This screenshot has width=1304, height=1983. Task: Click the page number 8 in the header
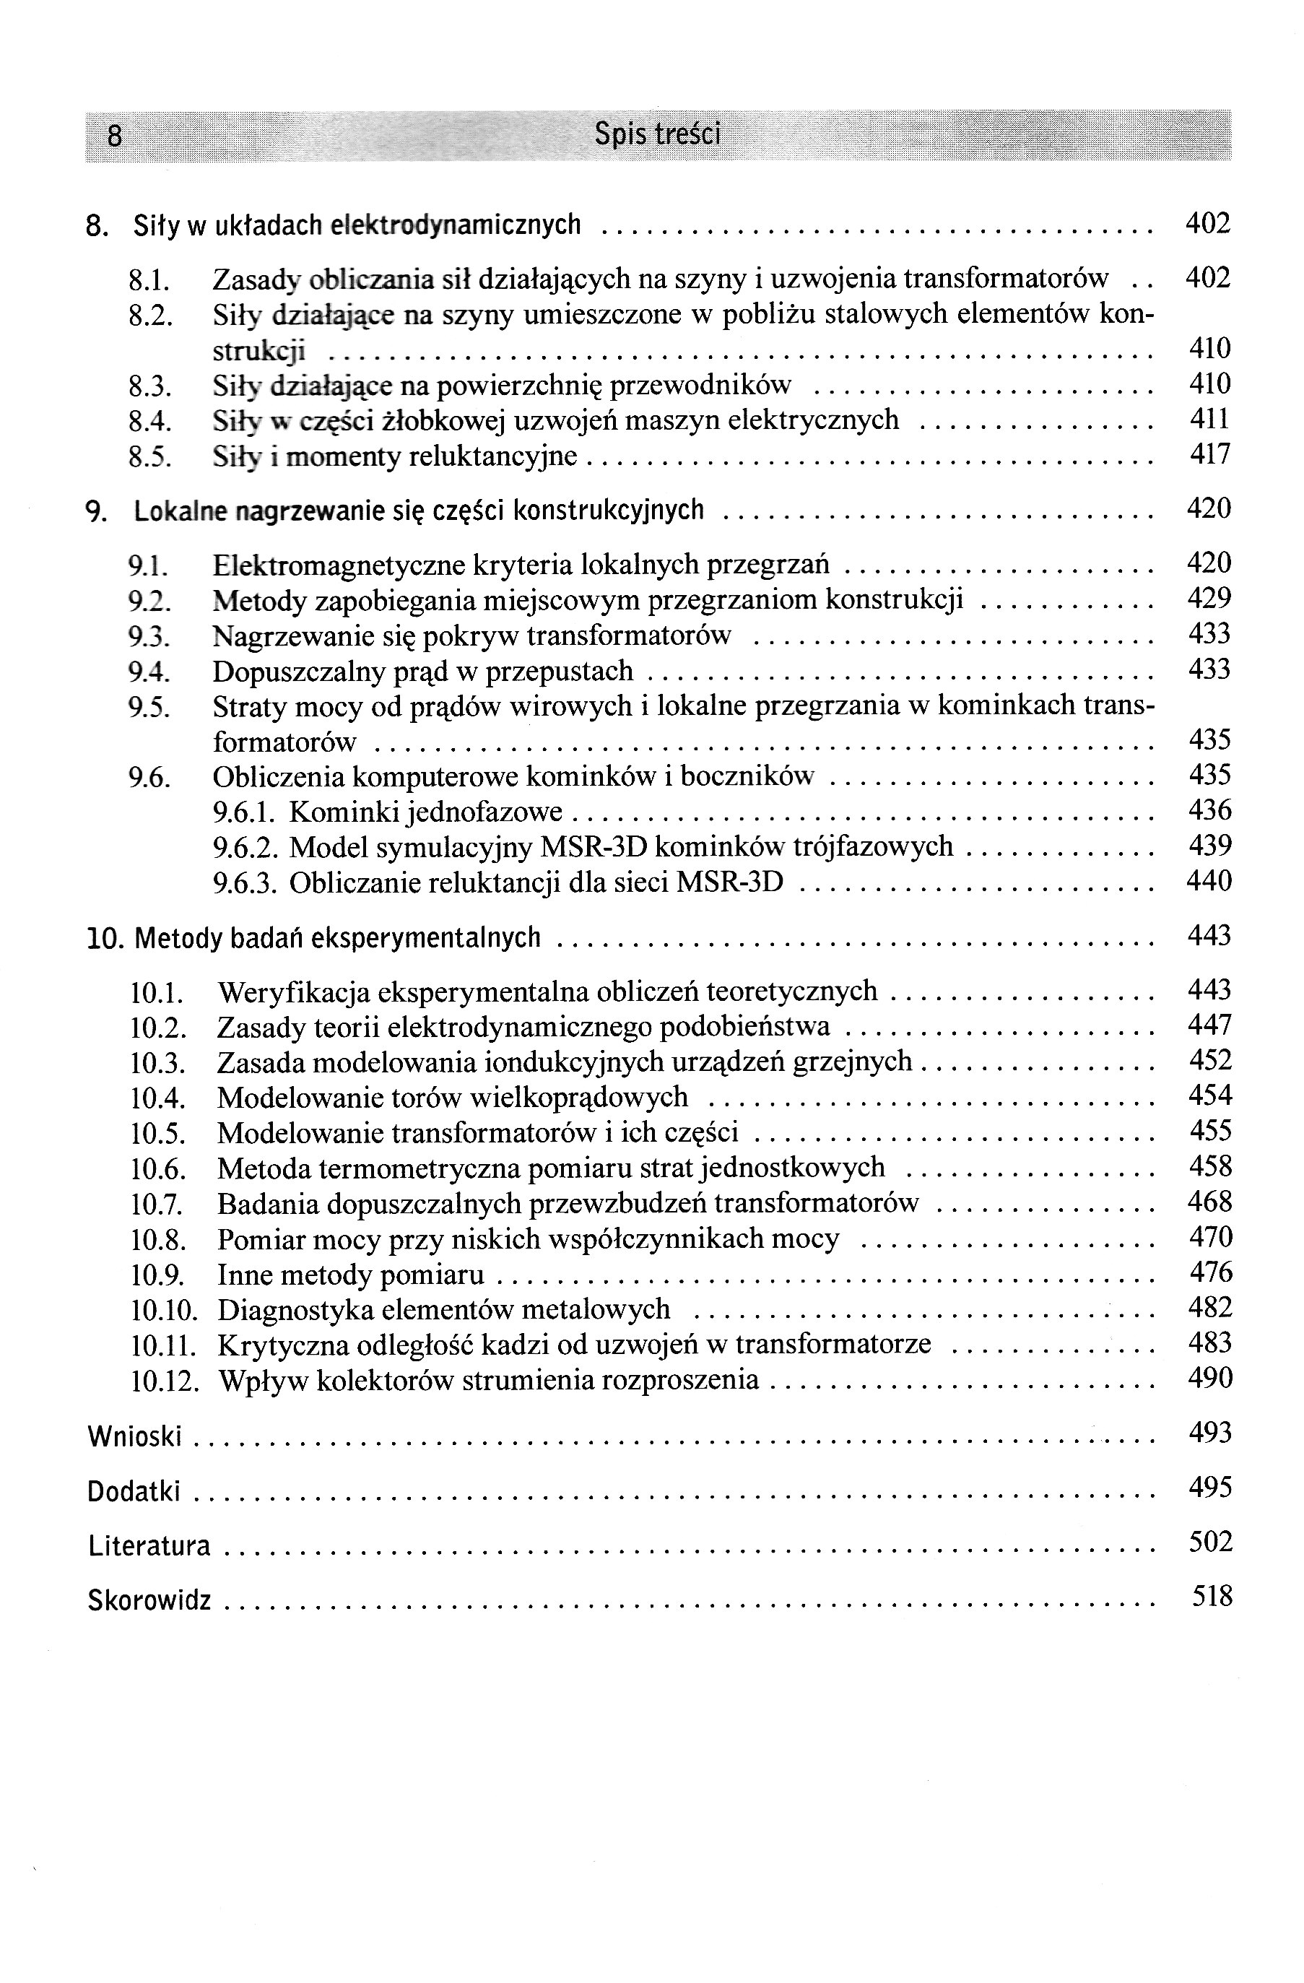115,135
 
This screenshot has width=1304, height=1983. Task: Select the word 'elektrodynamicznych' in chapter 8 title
456,225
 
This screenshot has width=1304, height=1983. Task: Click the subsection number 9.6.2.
245,847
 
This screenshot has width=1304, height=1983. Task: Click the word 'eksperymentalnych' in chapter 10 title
426,938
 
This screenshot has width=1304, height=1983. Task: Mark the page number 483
1210,1343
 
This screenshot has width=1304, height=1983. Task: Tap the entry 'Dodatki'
134,1491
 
